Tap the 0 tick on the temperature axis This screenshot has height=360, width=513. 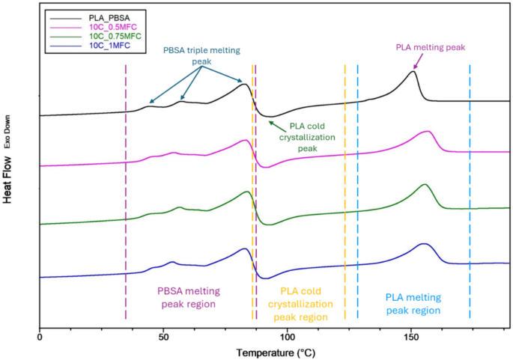pos(39,338)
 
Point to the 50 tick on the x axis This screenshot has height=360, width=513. pos(163,338)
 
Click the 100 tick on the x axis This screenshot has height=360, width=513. pos(287,338)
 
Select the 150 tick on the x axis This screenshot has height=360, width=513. pos(411,338)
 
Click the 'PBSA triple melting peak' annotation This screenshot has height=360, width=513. pos(201,55)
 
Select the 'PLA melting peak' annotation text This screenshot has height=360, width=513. pos(431,46)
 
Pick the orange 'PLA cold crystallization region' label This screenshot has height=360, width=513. pos(306,304)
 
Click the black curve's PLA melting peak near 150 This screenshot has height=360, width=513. pos(413,71)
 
